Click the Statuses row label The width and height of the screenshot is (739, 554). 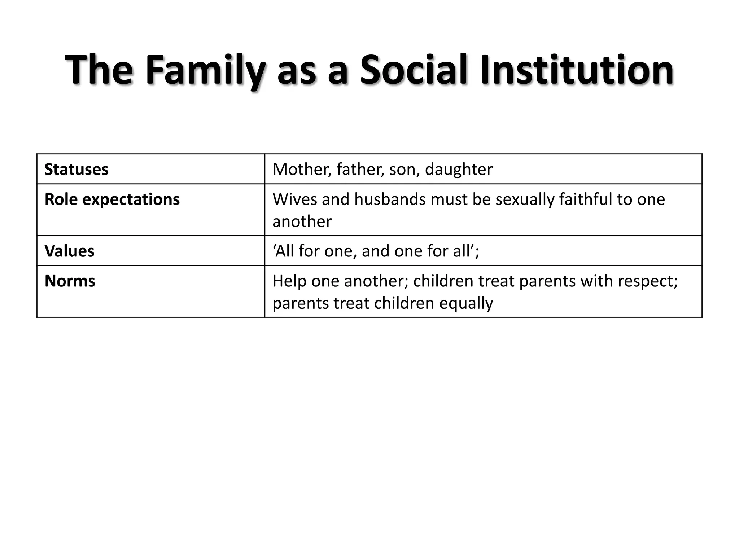(76, 170)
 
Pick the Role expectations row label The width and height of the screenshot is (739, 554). (112, 199)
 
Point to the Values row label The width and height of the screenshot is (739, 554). (69, 251)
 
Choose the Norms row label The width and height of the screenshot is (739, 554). (70, 281)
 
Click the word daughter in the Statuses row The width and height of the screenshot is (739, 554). (458, 170)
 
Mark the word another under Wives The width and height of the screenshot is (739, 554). (302, 221)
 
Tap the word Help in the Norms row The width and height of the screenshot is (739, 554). (289, 281)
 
